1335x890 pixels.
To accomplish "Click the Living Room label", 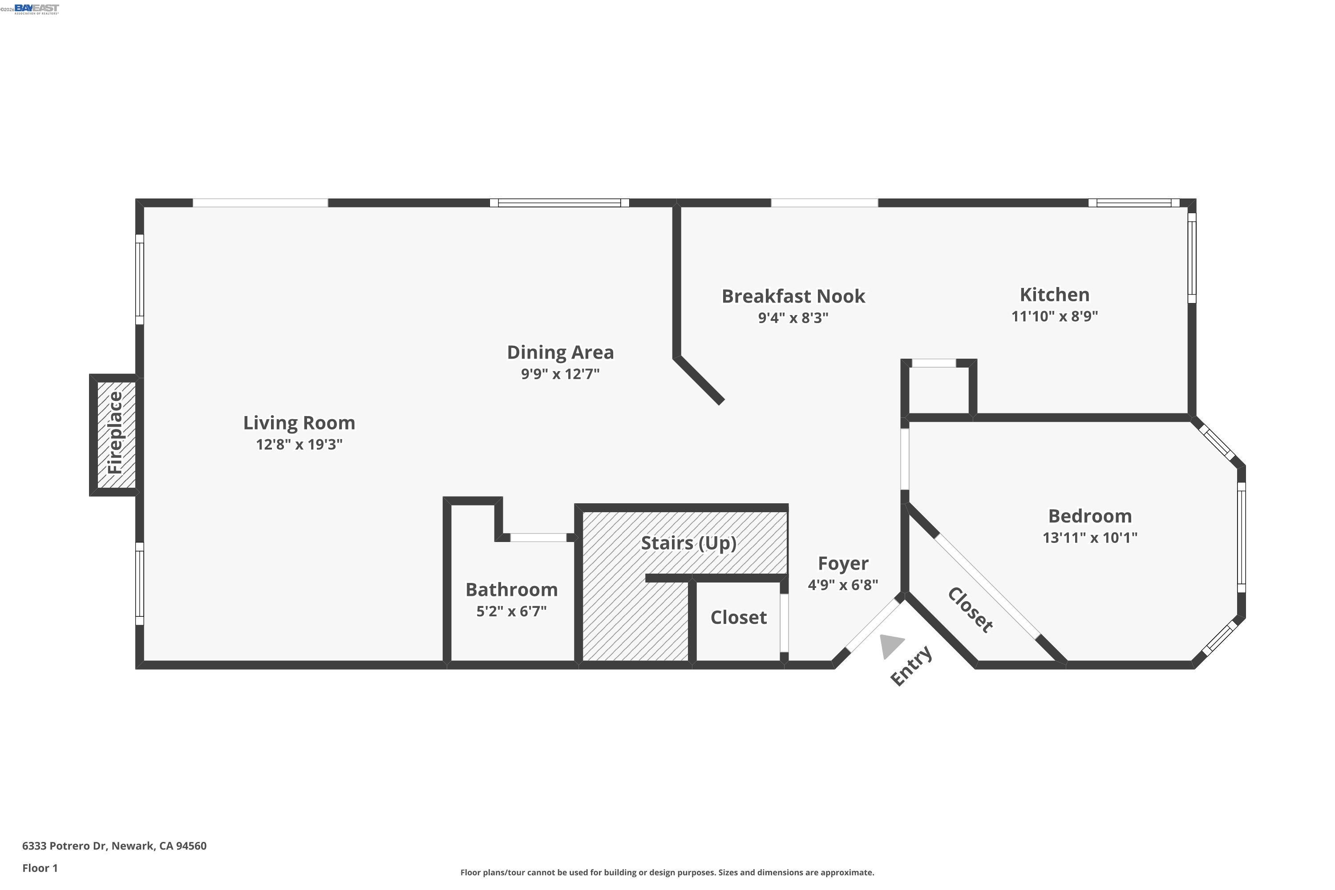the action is pos(299,423).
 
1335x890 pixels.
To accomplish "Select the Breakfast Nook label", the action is pos(793,296).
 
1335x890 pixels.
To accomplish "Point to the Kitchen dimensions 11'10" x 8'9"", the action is pos(1055,316).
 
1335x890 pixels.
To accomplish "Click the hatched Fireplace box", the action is pos(116,435).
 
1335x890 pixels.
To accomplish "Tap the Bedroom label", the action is pos(1090,516).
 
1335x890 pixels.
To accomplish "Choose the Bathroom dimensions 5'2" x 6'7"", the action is pos(511,611).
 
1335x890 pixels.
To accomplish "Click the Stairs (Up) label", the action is pos(688,544).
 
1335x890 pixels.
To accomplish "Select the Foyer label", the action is pos(843,564).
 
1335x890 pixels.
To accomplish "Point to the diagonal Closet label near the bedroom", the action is pos(970,610).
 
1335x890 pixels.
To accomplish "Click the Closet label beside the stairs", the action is pos(738,618).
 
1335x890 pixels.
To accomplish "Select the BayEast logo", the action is pos(36,8).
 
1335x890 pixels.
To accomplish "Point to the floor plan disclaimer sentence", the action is pos(667,872).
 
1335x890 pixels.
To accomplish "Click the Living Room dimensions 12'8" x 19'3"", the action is pos(299,445).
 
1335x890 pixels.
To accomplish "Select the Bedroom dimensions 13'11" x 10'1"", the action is pos(1090,538).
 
